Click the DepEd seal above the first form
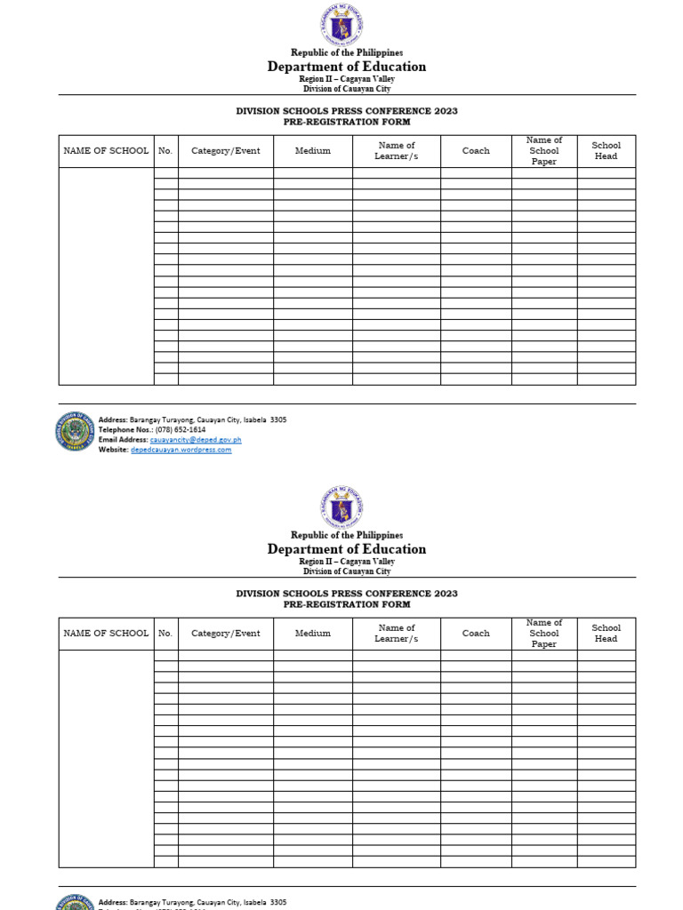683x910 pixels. point(341,24)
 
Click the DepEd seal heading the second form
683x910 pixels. point(341,507)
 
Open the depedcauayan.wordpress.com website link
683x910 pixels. point(181,450)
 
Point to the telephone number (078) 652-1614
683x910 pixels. point(181,429)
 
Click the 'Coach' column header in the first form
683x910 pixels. point(476,151)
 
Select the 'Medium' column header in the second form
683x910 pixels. point(312,634)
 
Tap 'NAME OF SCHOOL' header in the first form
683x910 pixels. point(106,151)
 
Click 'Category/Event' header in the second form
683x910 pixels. point(226,634)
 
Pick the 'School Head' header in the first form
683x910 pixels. point(606,151)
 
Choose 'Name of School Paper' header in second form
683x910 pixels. point(543,634)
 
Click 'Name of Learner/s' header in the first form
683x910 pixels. point(396,151)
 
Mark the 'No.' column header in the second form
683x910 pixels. point(165,634)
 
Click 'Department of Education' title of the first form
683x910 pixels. point(347,67)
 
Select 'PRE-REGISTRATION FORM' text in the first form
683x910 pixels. point(347,122)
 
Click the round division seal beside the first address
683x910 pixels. point(76,431)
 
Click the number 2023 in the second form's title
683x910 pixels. point(446,594)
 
